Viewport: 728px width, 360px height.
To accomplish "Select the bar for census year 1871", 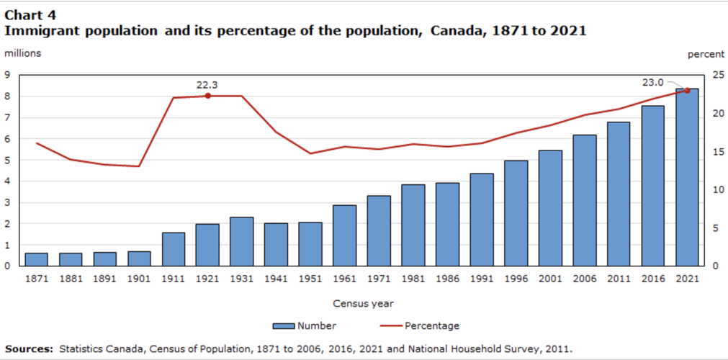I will (x=37, y=259).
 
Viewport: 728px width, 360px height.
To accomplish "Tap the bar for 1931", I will (x=242, y=241).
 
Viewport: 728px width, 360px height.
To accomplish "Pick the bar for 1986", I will (x=447, y=224).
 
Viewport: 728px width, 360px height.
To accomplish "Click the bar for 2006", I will (x=584, y=200).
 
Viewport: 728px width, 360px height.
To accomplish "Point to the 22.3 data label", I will (x=207, y=85).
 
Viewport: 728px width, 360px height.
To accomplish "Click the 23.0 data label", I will (x=652, y=82).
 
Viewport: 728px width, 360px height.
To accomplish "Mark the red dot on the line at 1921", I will (x=207, y=96).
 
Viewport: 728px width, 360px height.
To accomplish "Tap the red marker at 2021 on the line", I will (x=686, y=90).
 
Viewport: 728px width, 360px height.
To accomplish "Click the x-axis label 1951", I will (x=310, y=278).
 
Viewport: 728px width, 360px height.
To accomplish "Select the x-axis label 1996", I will (x=516, y=278).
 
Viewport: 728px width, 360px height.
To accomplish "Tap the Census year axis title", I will (x=363, y=303).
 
